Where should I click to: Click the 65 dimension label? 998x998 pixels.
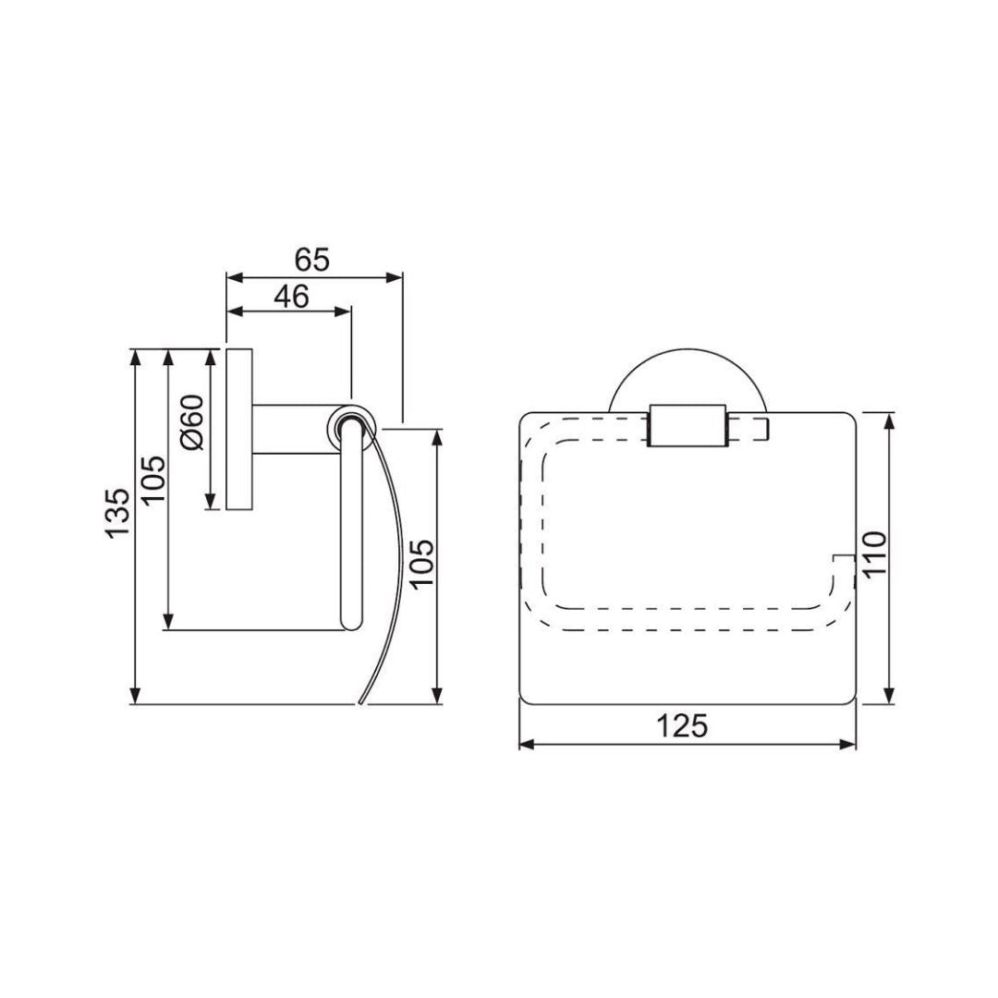click(x=312, y=260)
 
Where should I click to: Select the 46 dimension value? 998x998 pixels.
click(x=291, y=296)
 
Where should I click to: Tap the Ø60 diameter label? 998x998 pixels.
click(x=191, y=422)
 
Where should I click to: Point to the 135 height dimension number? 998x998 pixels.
click(x=117, y=514)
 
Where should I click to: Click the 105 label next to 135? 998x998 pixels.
click(x=153, y=479)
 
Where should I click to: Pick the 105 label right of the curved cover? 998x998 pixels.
click(x=421, y=565)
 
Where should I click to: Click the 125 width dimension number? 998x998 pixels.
click(x=682, y=725)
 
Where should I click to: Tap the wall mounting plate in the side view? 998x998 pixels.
click(x=239, y=429)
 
